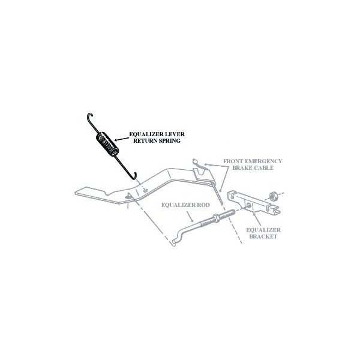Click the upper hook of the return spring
(x=90, y=116)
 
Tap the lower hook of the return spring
(x=133, y=176)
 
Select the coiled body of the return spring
(x=107, y=144)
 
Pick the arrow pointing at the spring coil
(x=122, y=139)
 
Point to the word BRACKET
(x=263, y=236)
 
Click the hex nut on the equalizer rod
(x=217, y=218)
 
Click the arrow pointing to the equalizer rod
(x=190, y=216)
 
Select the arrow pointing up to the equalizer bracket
(x=257, y=219)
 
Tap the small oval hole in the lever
(x=145, y=190)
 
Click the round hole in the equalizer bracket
(x=248, y=205)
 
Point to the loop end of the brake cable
(x=194, y=161)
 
